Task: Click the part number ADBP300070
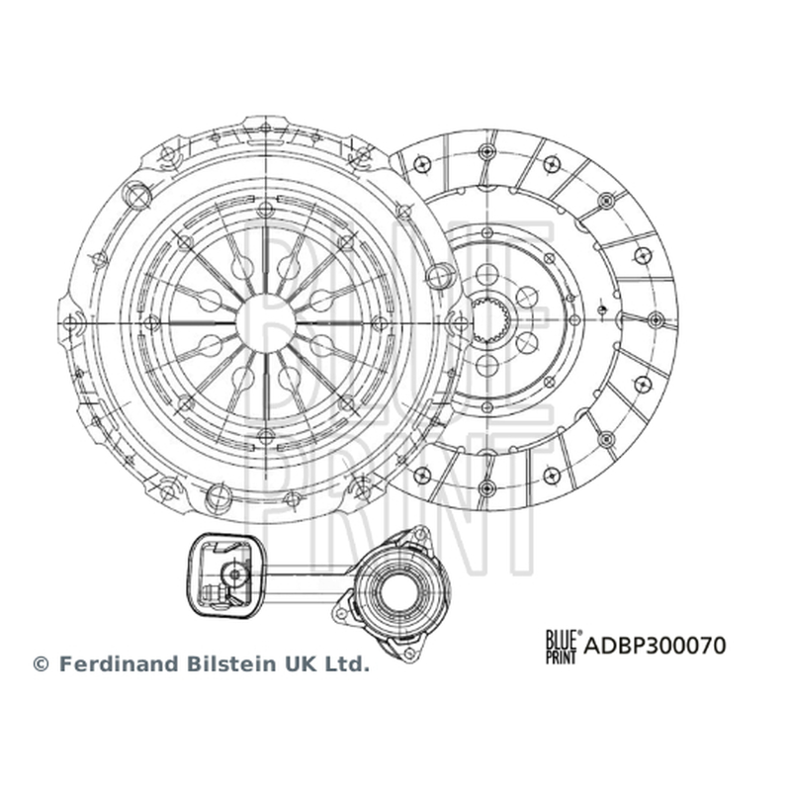(x=655, y=646)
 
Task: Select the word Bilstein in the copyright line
(x=234, y=663)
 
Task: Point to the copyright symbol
(x=41, y=664)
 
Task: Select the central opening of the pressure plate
(x=266, y=323)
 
